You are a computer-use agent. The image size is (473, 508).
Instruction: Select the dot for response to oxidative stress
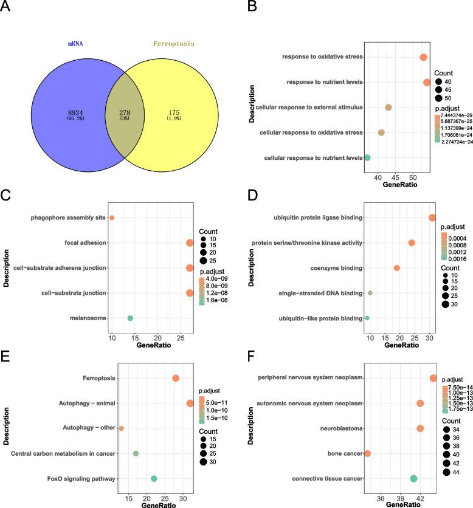[x=424, y=57]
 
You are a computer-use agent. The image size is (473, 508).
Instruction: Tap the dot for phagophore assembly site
[x=112, y=218]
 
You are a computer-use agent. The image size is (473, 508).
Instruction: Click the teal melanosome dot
[x=130, y=318]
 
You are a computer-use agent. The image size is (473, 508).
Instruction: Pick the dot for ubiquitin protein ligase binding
[x=432, y=218]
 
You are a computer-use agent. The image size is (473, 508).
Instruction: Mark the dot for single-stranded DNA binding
[x=370, y=293]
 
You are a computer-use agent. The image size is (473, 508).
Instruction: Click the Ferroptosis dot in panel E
[x=176, y=378]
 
